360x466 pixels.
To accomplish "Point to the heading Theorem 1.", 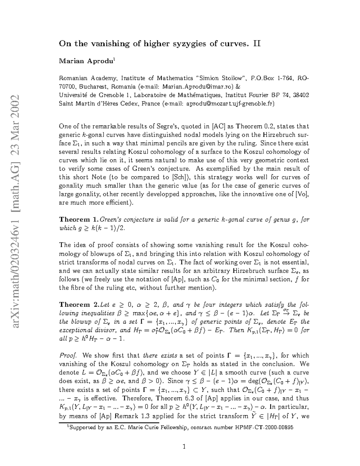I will click(78, 220).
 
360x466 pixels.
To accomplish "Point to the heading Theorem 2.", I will click(78, 305).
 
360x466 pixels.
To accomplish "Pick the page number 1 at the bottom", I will click(184, 447).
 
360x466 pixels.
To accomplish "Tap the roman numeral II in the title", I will click(257, 44).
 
